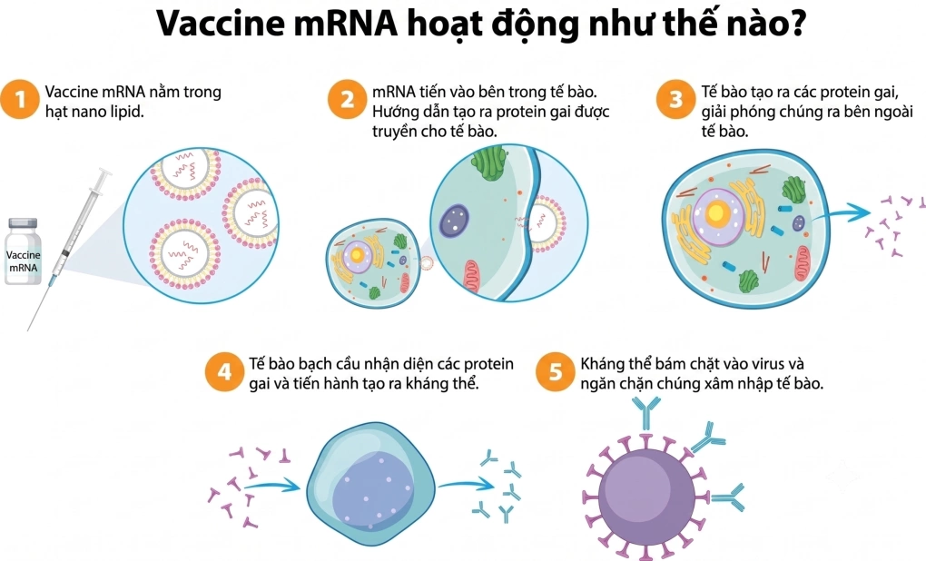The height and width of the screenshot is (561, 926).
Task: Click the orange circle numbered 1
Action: [19, 99]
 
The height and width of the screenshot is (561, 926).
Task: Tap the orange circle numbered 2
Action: [347, 99]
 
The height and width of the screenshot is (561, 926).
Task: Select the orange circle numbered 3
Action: [675, 99]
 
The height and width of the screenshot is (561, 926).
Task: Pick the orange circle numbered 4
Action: [224, 372]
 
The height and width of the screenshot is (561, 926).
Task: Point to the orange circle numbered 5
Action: [555, 372]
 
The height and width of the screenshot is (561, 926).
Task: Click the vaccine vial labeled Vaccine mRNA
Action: [23, 251]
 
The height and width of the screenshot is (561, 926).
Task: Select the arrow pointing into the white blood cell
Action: [272, 487]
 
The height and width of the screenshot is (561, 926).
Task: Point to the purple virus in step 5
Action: [646, 497]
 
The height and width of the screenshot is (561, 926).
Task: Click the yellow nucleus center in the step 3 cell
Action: [716, 212]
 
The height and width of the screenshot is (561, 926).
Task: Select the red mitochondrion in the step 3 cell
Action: [803, 263]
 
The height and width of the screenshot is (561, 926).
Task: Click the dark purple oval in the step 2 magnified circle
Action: [454, 221]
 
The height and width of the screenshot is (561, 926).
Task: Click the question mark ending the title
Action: [795, 23]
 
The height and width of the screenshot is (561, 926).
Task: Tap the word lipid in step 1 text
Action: [125, 111]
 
